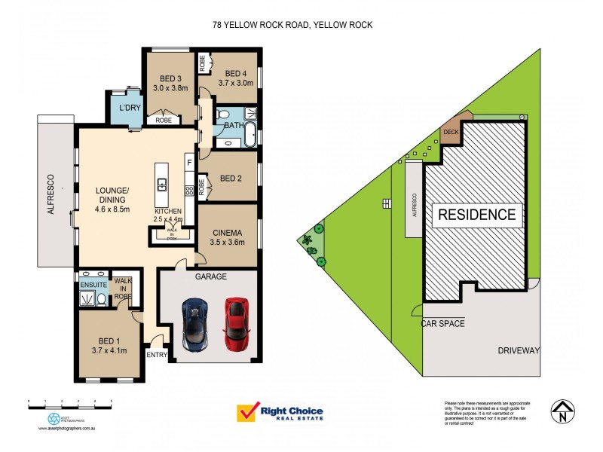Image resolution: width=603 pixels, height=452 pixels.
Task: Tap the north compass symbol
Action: point(562,411)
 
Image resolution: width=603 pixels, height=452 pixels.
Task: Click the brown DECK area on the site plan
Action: point(451,131)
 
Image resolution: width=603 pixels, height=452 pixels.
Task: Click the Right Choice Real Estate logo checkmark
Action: point(246,413)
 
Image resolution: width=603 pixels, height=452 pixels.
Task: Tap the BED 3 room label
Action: point(170,78)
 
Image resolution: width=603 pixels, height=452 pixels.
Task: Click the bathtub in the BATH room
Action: point(250,134)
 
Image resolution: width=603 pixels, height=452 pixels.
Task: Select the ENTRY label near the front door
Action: point(158,355)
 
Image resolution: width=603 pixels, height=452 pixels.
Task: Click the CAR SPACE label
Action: point(443,323)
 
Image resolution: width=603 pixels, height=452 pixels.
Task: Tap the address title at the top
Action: point(292,25)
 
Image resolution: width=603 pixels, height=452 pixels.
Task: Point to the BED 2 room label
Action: point(231,179)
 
